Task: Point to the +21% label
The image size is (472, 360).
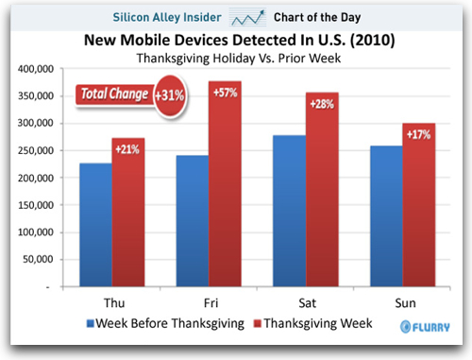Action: (127, 150)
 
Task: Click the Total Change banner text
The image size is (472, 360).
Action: (113, 94)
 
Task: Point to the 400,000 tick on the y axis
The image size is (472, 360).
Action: (36, 70)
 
